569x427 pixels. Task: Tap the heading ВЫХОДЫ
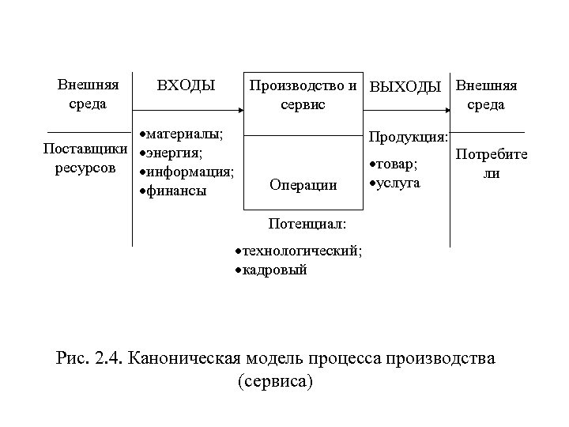405,86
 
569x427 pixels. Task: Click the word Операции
303,185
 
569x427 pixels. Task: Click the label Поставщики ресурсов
85,158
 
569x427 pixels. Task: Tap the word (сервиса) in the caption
275,382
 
